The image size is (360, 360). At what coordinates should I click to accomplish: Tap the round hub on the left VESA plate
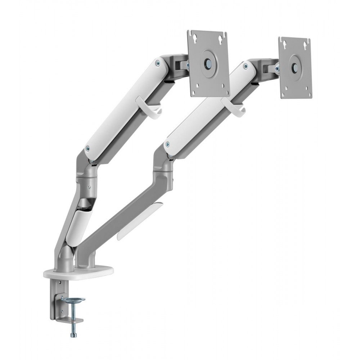[x=208, y=62]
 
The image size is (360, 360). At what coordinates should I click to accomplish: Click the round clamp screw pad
[x=73, y=300]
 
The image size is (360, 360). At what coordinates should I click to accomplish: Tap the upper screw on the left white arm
[x=158, y=64]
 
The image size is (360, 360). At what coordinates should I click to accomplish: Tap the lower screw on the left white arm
[x=87, y=148]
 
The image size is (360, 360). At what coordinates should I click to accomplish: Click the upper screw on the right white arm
[x=245, y=66]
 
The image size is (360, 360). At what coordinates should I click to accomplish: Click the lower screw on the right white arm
[x=167, y=144]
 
